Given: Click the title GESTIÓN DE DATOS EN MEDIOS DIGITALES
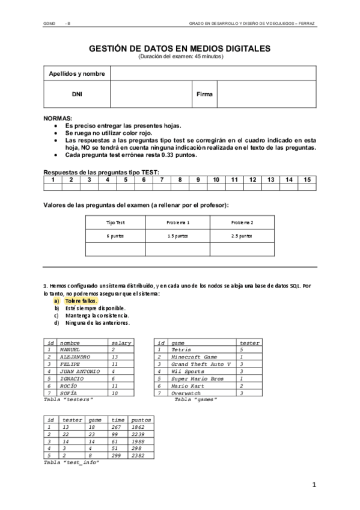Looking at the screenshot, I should [180, 49].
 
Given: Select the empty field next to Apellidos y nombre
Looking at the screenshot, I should [213, 73].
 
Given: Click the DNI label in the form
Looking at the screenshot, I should [77, 94].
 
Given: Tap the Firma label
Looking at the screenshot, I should [204, 94].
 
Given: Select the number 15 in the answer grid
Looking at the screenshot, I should [307, 179].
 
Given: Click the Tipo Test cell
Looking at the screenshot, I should [115, 223].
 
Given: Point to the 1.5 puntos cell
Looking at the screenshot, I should [178, 236].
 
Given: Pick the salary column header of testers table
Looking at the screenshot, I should [121, 342].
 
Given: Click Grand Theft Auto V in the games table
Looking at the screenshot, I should [201, 364].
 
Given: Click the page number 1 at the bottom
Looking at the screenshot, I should [314, 485].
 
